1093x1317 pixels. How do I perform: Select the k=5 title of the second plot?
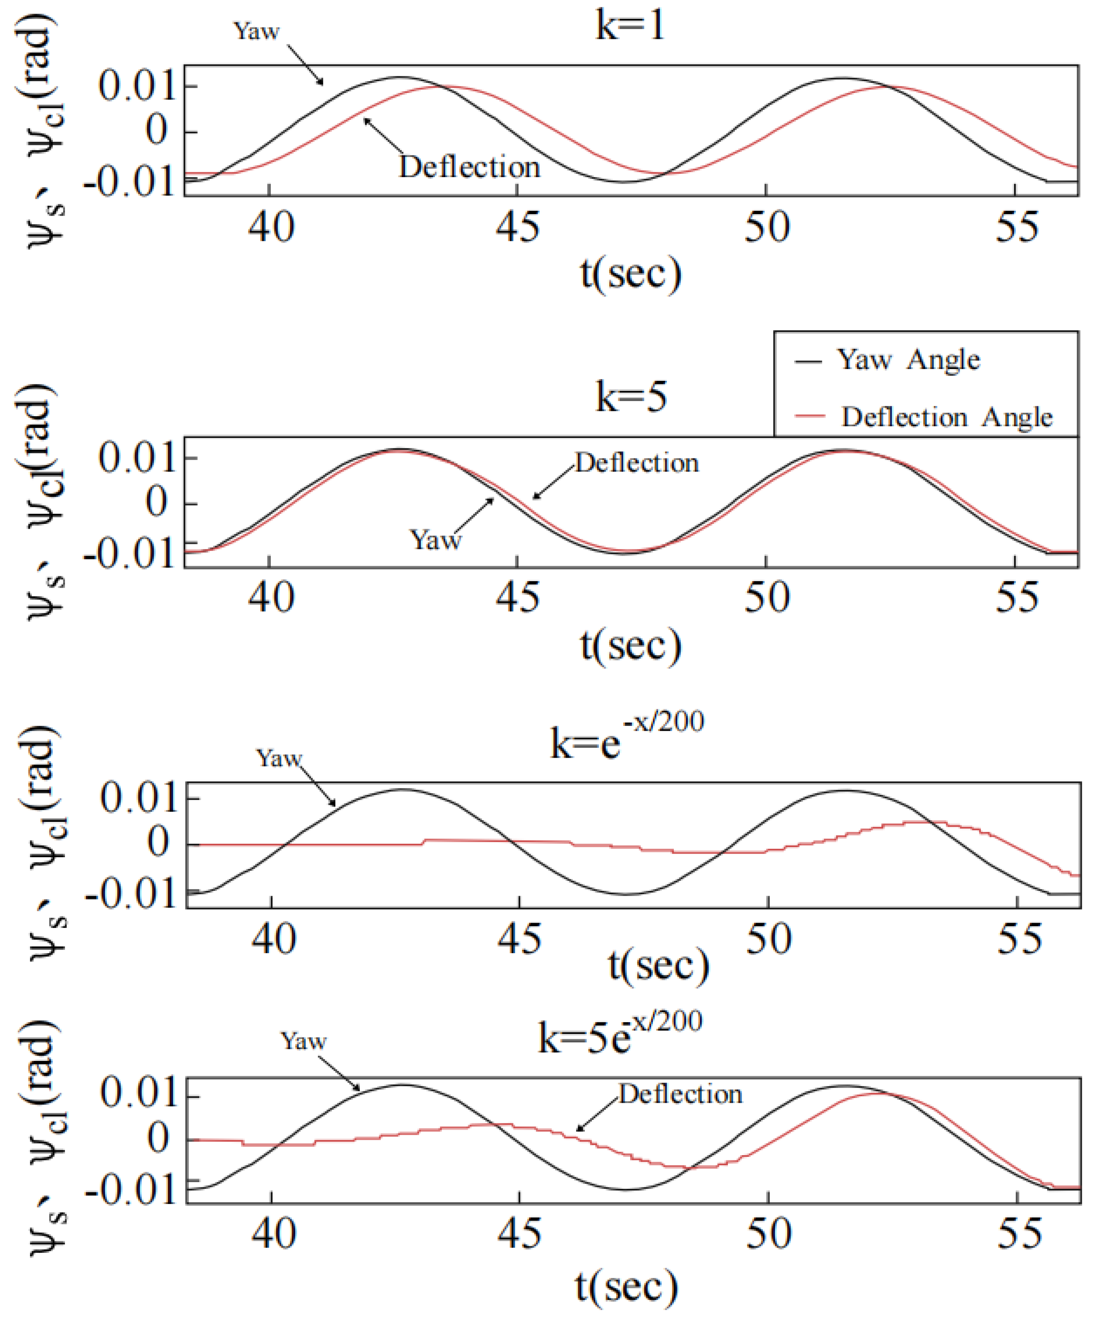coord(630,397)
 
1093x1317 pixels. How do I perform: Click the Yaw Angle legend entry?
coord(908,360)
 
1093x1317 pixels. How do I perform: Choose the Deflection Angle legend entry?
coord(946,417)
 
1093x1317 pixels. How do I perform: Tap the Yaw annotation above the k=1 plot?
coord(256,31)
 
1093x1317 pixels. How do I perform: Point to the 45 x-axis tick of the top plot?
coord(517,227)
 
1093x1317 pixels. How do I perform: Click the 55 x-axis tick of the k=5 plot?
coord(1017,598)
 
